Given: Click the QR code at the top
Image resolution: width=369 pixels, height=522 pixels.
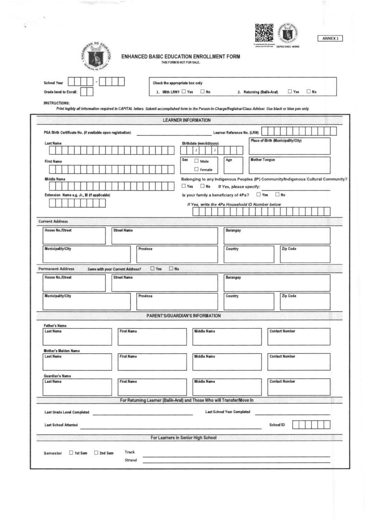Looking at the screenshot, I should [264, 33].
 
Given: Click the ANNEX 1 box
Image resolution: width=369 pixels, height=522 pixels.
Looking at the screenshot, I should [330, 38].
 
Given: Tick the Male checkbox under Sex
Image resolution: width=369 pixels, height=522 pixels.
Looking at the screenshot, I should [196, 161].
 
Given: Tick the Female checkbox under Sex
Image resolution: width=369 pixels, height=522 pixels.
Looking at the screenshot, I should [196, 169].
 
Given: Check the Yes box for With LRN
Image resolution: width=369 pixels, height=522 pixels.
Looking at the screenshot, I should [184, 91].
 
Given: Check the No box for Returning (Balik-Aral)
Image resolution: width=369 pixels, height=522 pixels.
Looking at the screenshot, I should [309, 91].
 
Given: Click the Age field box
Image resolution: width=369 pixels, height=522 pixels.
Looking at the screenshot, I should [234, 166].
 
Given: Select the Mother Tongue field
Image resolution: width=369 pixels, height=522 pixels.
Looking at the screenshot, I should [289, 166].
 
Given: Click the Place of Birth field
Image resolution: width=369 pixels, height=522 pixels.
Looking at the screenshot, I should [289, 146].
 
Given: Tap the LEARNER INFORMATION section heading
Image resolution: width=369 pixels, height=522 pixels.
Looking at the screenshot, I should [187, 120].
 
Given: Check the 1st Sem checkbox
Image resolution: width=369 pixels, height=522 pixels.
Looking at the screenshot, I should [71, 453].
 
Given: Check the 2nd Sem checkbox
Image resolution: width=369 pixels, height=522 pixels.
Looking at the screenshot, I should [96, 453].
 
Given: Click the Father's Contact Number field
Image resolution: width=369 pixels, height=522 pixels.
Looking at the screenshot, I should [299, 337].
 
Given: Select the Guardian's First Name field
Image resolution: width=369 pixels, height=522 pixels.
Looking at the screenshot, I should [152, 387].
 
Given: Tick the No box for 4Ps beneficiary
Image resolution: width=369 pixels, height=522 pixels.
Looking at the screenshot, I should [277, 195].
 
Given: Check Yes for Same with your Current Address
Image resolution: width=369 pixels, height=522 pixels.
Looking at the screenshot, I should [153, 268].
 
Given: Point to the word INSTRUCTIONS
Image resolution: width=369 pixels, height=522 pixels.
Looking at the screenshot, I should [57, 103].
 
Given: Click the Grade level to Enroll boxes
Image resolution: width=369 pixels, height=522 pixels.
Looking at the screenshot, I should [87, 92].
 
